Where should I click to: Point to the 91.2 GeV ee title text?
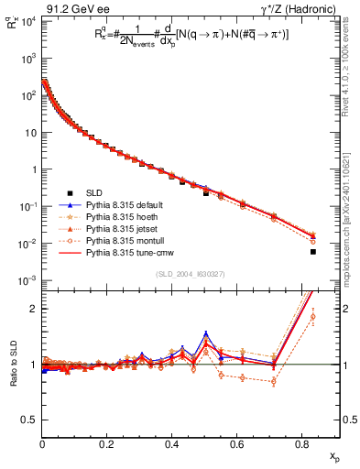[x=71, y=8]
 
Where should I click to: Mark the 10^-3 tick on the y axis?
[x=28, y=280]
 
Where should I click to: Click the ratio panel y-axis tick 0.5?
[x=30, y=420]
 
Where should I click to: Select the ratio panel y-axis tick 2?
[x=34, y=309]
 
